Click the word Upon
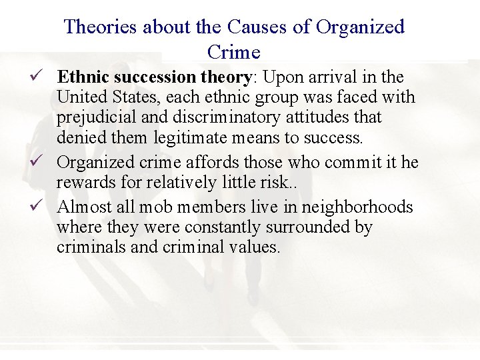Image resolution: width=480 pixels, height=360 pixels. point(281,77)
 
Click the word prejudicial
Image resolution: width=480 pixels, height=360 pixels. point(97,117)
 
